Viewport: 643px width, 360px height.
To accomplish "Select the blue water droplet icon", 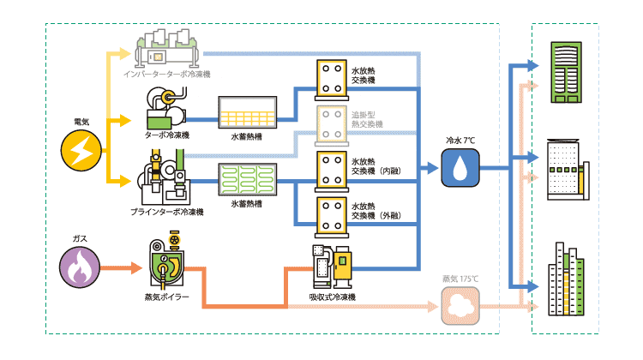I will pos(461,167).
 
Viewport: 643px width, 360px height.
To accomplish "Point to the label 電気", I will pos(83,121).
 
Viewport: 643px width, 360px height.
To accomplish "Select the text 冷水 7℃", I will pos(461,139).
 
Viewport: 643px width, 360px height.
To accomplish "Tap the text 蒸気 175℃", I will pos(461,279).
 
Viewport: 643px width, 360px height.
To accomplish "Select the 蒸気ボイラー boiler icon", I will pos(166,261).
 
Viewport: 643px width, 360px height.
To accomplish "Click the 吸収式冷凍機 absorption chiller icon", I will pos(331,267).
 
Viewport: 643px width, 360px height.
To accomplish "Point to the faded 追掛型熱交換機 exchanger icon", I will pos(329,123).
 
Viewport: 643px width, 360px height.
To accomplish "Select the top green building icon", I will pos(566,71).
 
